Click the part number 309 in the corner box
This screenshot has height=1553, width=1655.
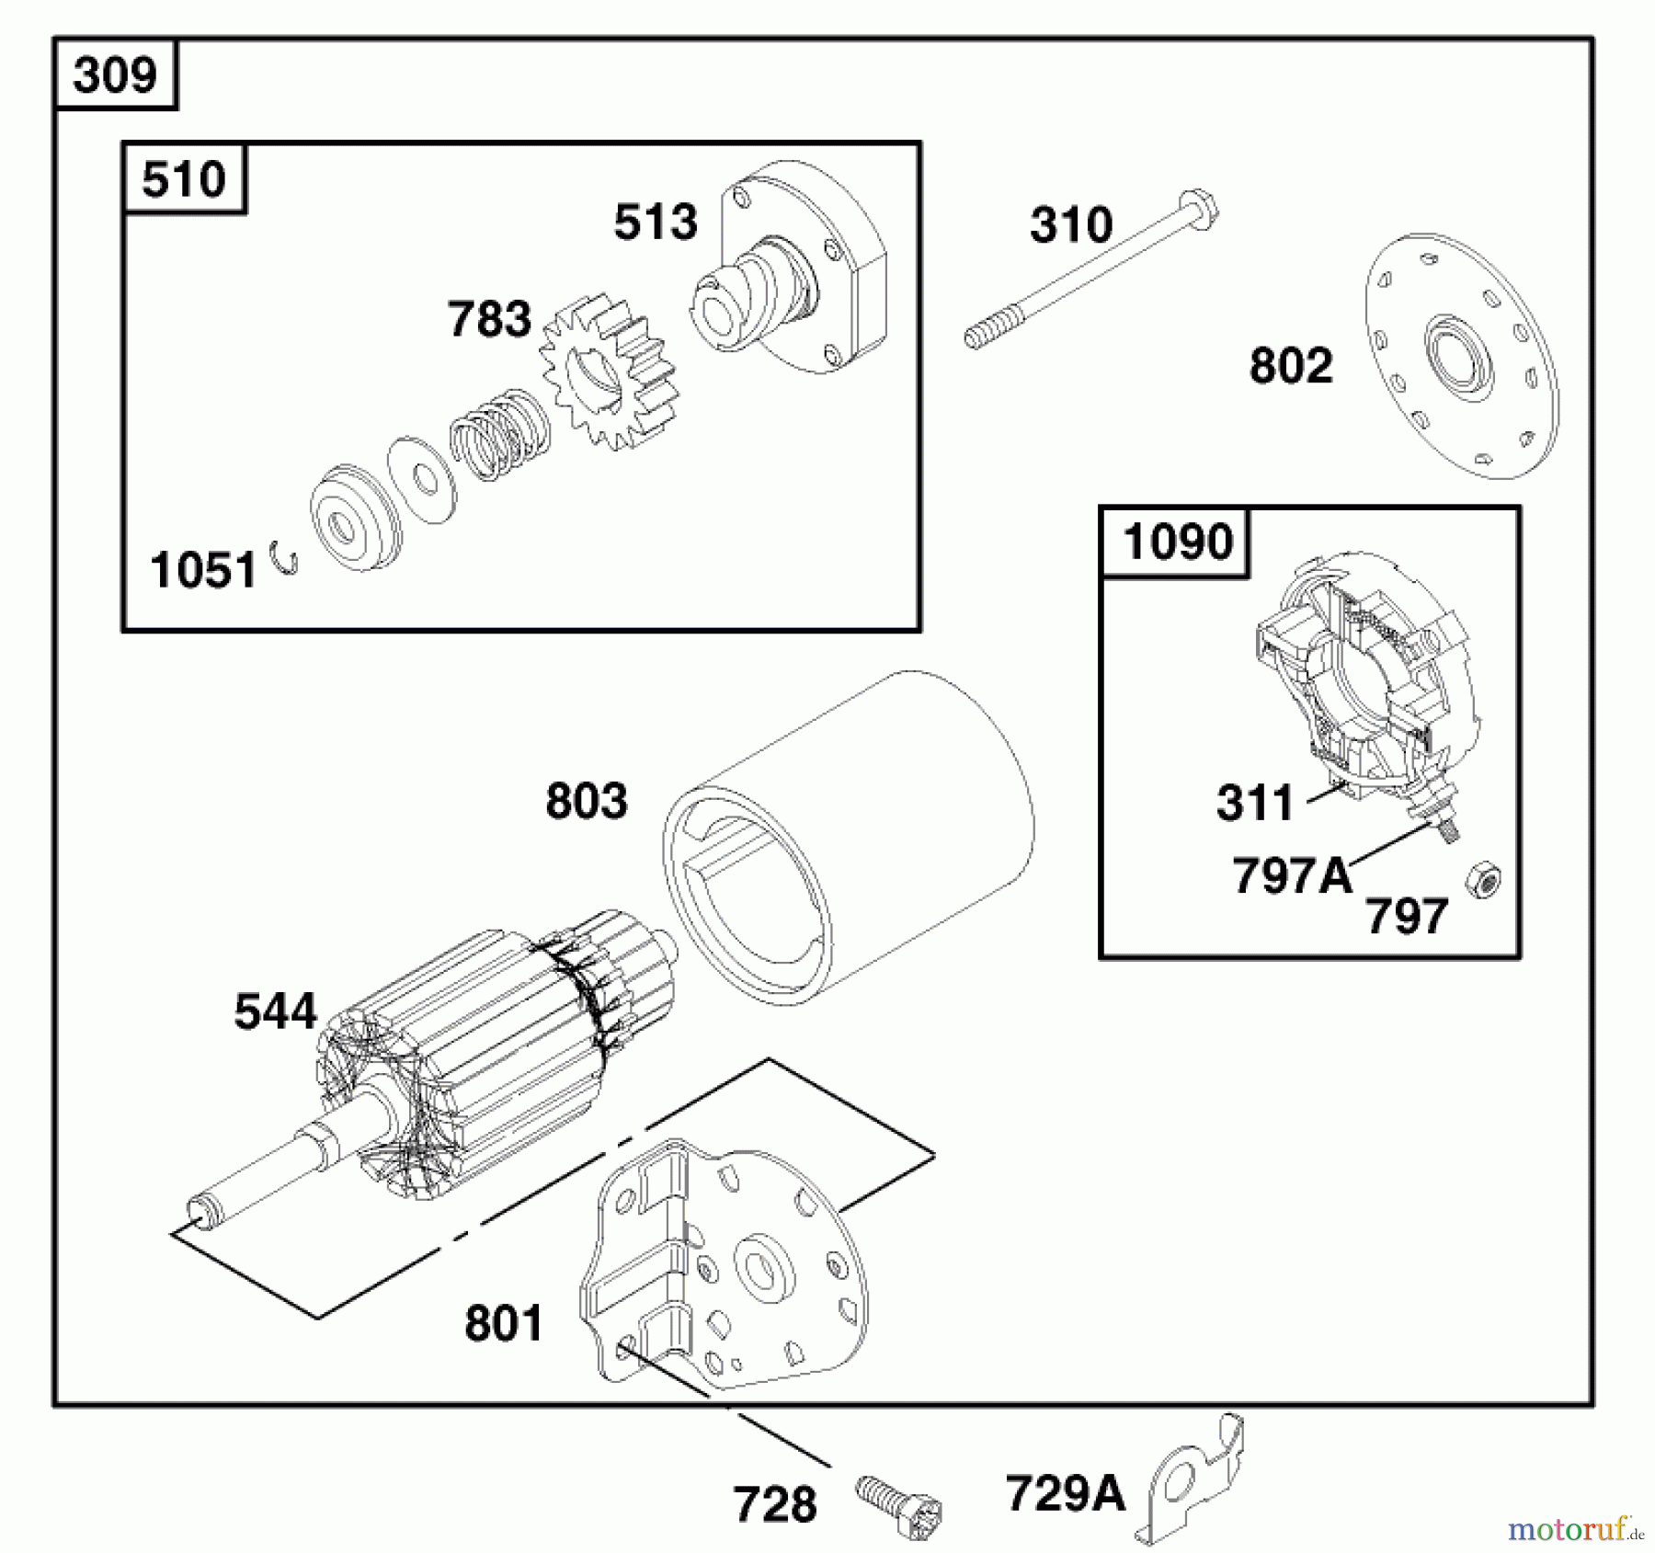coord(115,74)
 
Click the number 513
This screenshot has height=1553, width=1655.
coord(656,223)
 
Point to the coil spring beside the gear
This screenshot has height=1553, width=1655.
coord(499,435)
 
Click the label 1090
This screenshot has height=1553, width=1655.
coord(1177,542)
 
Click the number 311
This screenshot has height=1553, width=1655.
coord(1254,803)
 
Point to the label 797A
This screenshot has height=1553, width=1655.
coord(1292,875)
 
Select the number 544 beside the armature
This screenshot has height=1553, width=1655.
coord(275,1011)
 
